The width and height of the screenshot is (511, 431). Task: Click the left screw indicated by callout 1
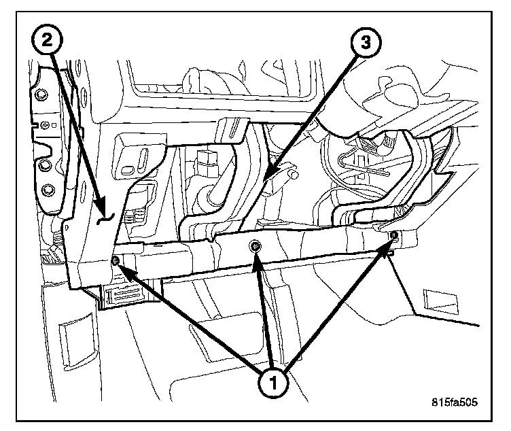click(116, 260)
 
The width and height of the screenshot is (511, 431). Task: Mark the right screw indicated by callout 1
click(393, 235)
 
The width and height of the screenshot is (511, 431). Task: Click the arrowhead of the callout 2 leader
click(102, 204)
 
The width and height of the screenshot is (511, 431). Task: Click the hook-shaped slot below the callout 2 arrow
click(104, 217)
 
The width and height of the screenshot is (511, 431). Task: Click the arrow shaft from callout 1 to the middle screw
click(264, 313)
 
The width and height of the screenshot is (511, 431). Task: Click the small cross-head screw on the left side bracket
click(44, 124)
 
